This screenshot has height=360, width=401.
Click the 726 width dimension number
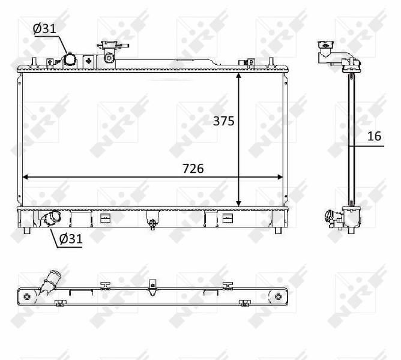click(193, 169)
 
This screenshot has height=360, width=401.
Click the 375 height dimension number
click(223, 121)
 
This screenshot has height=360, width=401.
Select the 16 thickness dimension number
click(374, 136)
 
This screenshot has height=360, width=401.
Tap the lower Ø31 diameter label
click(70, 239)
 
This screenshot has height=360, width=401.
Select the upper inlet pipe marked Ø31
click(70, 59)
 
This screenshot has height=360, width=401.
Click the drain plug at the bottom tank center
click(152, 224)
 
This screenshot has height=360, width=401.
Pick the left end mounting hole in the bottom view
click(26, 296)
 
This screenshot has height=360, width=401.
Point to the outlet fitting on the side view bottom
click(332, 219)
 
